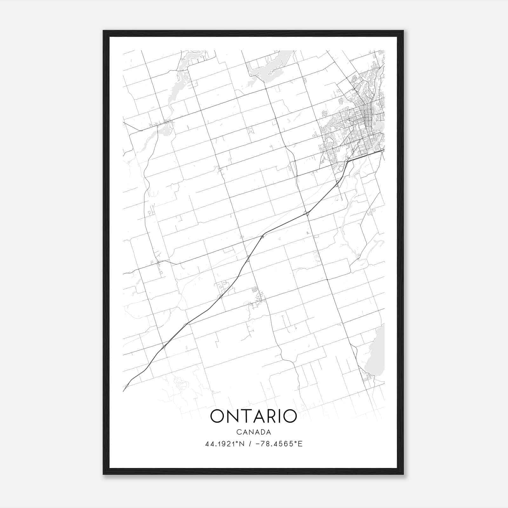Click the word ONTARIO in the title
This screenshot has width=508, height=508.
(253, 416)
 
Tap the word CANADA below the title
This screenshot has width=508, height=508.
(253, 432)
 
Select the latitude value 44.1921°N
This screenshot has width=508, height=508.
(225, 444)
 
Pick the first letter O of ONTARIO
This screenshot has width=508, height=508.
(217, 416)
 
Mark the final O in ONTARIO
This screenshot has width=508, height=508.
(289, 416)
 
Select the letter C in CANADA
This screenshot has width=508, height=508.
(238, 432)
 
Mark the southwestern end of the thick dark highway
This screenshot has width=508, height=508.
(124, 390)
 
